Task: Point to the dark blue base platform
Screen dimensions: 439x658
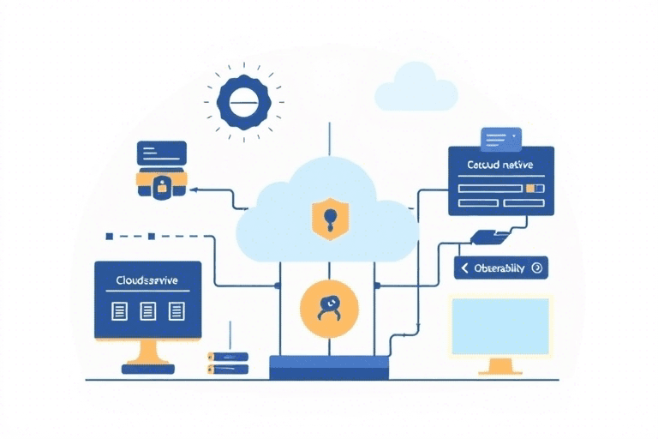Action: click(329, 368)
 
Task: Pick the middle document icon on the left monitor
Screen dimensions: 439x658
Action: click(147, 310)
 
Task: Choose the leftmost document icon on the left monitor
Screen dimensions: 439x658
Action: click(120, 310)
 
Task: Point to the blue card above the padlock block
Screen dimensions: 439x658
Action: click(161, 153)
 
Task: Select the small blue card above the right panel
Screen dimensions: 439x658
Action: click(501, 137)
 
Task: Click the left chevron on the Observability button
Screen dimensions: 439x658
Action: click(465, 268)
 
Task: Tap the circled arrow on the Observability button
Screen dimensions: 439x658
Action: click(536, 268)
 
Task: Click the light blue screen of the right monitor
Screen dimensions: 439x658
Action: click(500, 327)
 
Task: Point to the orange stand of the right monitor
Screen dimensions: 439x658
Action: click(500, 367)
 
